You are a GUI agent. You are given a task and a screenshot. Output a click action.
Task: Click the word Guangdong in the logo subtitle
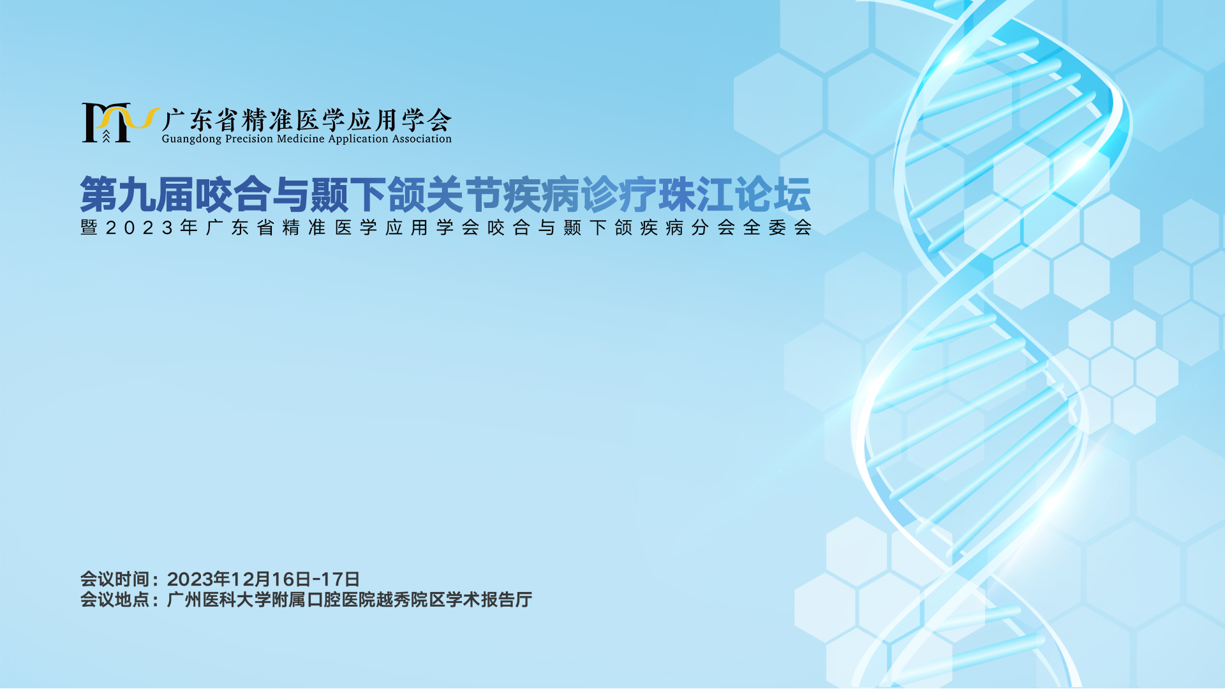tap(191, 139)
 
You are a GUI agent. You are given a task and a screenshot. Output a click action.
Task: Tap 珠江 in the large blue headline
tap(696, 195)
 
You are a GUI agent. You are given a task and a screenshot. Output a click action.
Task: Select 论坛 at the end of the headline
tap(773, 195)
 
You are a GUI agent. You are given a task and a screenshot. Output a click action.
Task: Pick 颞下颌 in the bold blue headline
tap(367, 195)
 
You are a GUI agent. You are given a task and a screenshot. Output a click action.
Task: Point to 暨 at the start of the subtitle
tap(89, 228)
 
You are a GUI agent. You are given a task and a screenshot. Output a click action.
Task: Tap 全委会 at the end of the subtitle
tap(777, 228)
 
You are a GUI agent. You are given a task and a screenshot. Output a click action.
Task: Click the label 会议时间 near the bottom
tap(114, 579)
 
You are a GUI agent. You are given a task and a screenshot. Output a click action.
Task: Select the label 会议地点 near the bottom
tap(114, 600)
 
